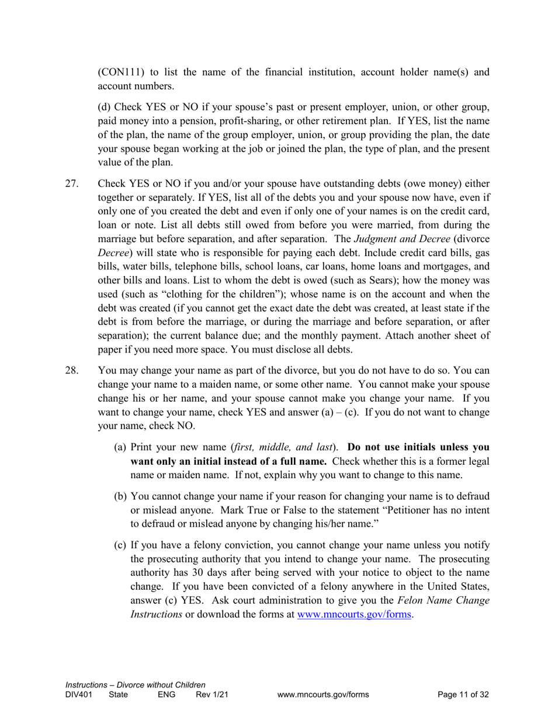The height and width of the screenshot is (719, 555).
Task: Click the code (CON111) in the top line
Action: tap(123, 72)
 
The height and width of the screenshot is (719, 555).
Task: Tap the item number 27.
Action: tap(71, 184)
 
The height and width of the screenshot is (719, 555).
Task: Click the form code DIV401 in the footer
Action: tap(79, 695)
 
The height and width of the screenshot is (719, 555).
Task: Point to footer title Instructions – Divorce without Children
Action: tap(136, 685)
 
